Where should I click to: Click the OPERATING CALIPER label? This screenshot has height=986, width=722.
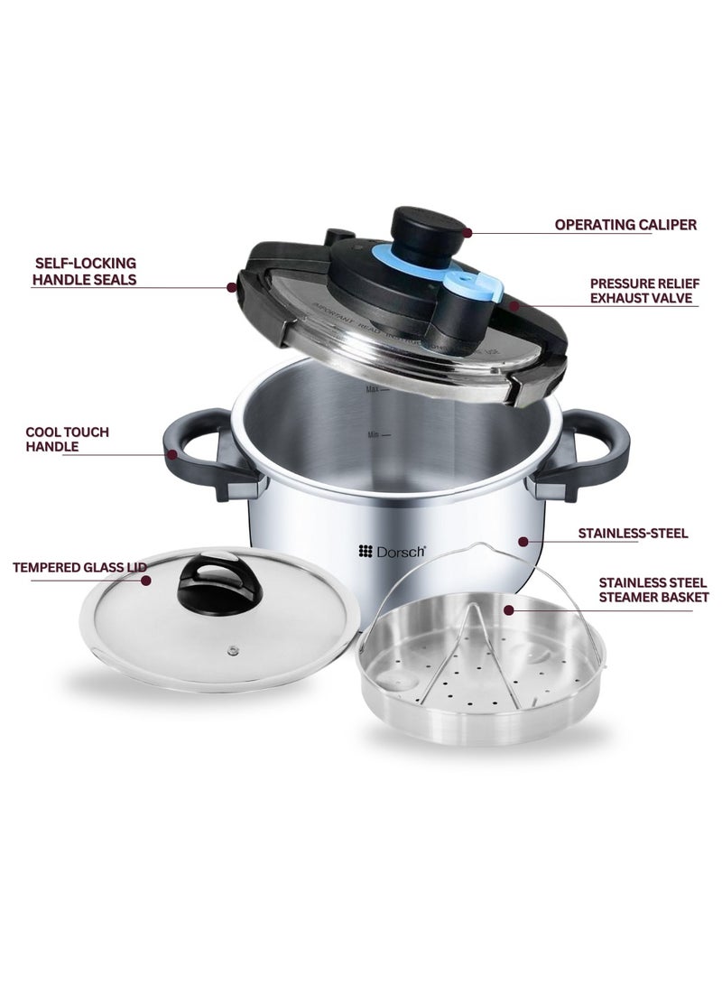pyautogui.click(x=625, y=225)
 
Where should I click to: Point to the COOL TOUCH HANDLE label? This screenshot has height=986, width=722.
pyautogui.click(x=67, y=439)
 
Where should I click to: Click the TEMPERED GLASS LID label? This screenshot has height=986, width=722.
pyautogui.click(x=79, y=567)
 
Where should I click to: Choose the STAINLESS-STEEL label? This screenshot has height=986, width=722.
pyautogui.click(x=633, y=534)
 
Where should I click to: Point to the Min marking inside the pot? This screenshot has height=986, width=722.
pyautogui.click(x=374, y=434)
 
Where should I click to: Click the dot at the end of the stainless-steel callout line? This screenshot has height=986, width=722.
pyautogui.click(x=521, y=542)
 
